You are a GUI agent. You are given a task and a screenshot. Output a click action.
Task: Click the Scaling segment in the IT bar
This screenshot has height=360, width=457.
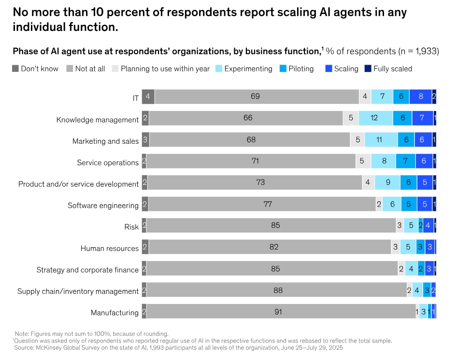(420, 97)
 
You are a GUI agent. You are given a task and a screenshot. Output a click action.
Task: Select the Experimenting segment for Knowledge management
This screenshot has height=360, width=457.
(374, 118)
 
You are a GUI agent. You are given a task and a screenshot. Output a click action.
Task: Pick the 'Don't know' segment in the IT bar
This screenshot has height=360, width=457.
(148, 97)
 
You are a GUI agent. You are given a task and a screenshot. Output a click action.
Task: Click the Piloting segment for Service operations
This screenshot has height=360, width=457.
(405, 161)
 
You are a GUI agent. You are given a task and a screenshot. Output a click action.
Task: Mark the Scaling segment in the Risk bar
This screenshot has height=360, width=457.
(428, 225)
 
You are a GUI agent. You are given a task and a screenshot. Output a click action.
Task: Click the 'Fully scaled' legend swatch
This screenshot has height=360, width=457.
(367, 69)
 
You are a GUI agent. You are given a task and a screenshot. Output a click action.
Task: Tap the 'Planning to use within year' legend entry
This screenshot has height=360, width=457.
(165, 69)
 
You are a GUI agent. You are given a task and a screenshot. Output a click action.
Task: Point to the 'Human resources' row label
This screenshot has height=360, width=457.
(110, 249)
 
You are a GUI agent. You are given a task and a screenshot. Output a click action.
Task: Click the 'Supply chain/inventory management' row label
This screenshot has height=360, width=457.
(78, 291)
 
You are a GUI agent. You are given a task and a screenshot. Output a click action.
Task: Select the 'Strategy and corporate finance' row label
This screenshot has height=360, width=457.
(87, 270)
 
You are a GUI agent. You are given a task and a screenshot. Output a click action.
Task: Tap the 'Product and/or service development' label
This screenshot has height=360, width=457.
(78, 184)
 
